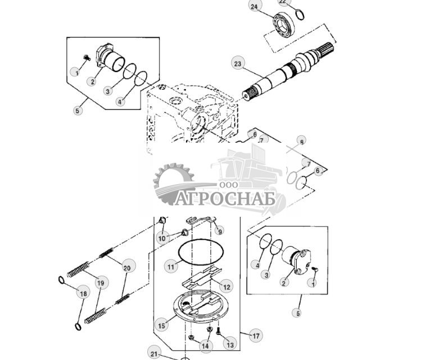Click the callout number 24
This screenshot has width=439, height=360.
click(x=255, y=7)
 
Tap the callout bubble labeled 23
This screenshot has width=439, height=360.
click(x=238, y=64)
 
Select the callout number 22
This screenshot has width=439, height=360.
click(x=283, y=2)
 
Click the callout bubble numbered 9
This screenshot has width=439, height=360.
click(x=220, y=230)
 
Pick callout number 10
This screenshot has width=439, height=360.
click(x=162, y=238)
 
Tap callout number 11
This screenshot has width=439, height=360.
click(x=171, y=267)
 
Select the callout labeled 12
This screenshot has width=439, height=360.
click(x=226, y=286)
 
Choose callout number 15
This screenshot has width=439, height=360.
click(x=162, y=325)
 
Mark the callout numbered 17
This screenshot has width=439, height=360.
click(x=256, y=336)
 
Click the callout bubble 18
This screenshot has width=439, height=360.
click(x=83, y=293)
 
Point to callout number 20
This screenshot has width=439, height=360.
click(x=126, y=268)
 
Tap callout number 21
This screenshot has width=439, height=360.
click(x=155, y=353)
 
